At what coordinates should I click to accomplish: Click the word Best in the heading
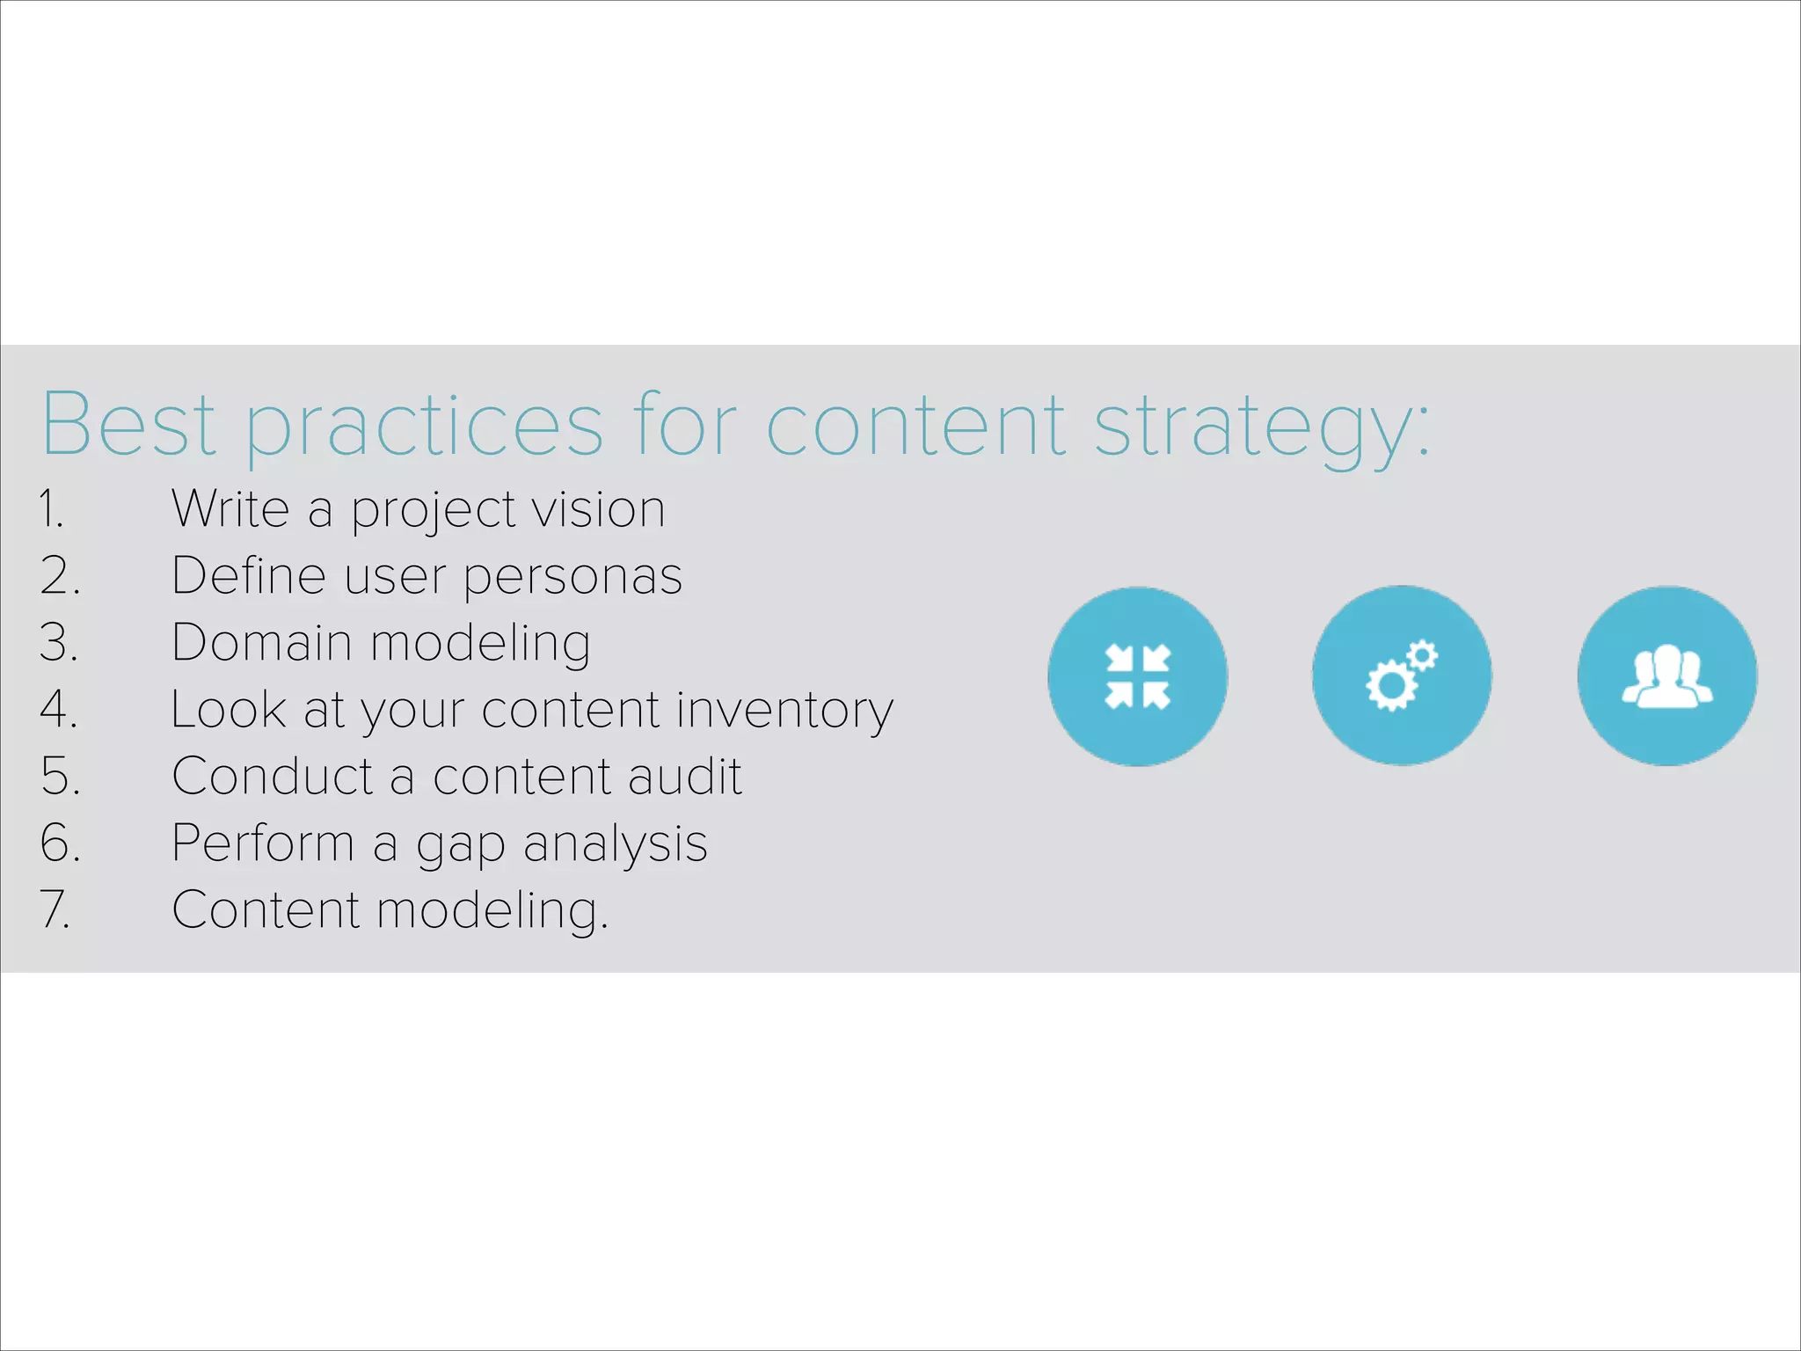pos(129,425)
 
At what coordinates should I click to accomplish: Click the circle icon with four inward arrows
pos(1137,676)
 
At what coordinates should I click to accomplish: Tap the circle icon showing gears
pos(1402,676)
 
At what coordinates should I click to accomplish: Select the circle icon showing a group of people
pos(1667,676)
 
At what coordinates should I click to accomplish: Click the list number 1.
pos(50,509)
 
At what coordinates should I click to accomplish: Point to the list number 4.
pos(59,709)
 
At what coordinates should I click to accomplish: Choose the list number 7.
pos(55,909)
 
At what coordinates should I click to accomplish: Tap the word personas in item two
pos(572,577)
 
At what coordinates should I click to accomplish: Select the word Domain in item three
pos(260,643)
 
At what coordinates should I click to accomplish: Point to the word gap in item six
pos(460,845)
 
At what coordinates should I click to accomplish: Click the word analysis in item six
pos(615,845)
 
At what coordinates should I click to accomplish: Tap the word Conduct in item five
pos(273,777)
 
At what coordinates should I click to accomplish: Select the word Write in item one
pos(230,509)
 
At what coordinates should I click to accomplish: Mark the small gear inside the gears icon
pos(1421,655)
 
